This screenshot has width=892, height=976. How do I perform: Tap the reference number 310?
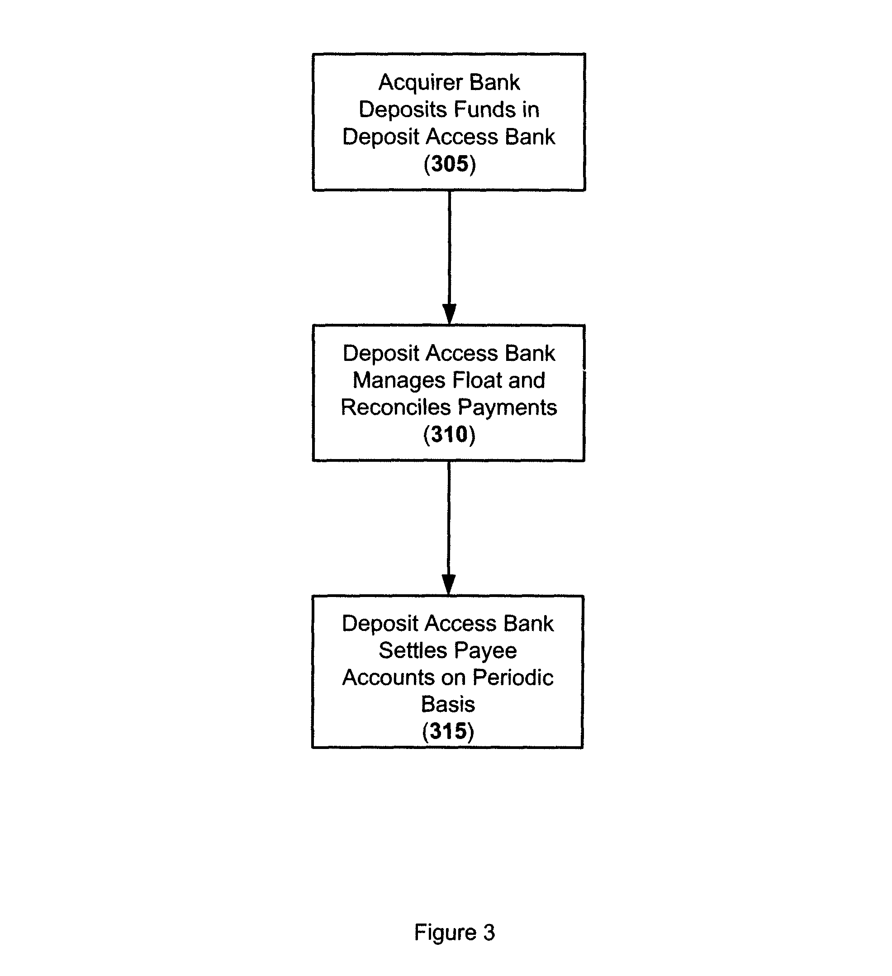449,434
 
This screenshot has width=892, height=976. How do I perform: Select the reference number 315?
448,731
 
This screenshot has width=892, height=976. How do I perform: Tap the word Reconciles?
395,407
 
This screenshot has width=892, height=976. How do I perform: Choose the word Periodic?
513,678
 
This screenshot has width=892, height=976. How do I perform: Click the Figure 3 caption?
454,932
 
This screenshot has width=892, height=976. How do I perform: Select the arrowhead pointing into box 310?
449,314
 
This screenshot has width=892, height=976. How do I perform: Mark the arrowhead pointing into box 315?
449,585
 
